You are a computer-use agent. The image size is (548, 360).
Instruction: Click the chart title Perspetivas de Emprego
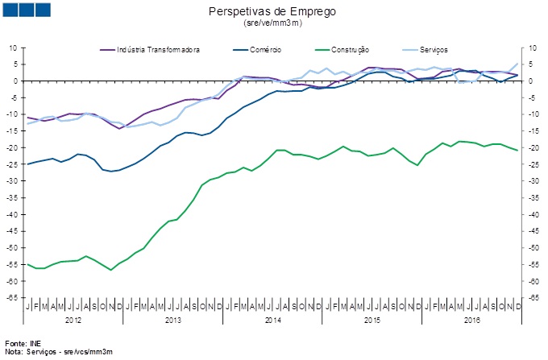[x=272, y=12]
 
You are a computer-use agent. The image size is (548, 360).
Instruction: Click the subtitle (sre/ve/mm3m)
[x=272, y=23]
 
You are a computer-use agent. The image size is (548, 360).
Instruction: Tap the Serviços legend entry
[x=436, y=50]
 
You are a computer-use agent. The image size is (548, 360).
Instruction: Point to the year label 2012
[x=73, y=320]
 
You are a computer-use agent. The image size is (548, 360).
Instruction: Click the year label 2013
[x=172, y=320]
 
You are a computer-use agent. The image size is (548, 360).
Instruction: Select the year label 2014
[x=272, y=320]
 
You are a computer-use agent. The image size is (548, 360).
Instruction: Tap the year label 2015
[x=372, y=320]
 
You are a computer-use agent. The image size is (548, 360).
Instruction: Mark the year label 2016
[x=471, y=320]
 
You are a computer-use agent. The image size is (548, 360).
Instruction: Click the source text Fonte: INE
[x=22, y=344]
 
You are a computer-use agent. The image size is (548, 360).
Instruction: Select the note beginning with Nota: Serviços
[x=58, y=353]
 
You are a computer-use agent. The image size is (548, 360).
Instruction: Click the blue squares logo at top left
[x=27, y=10]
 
